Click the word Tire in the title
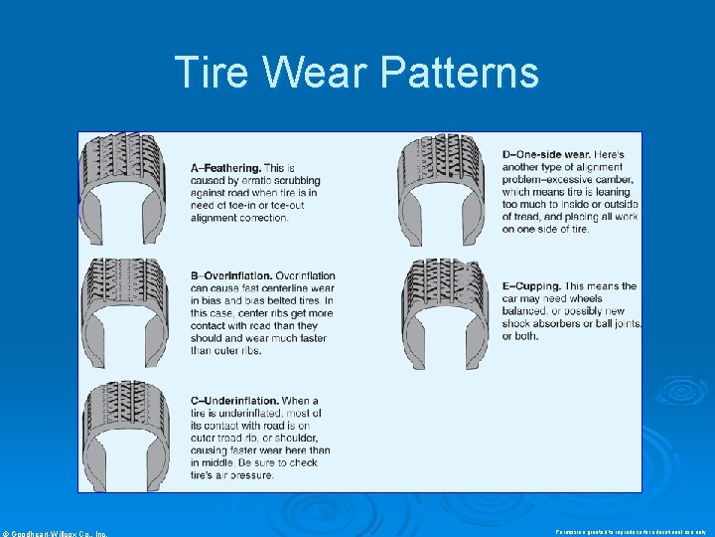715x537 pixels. click(206, 73)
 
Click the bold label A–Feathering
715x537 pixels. click(226, 168)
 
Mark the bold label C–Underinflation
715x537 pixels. click(239, 401)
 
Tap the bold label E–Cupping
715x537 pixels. click(545, 286)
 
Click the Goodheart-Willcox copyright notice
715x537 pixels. click(55, 533)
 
